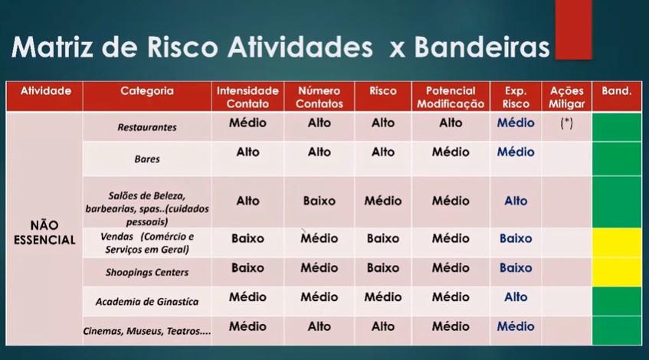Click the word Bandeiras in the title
pos(482,47)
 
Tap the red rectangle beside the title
pos(573,29)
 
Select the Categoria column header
pos(147,91)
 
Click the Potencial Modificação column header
pos(451,97)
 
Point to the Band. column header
pos(617,91)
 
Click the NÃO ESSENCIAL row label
pos(44,233)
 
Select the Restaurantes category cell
pos(147,127)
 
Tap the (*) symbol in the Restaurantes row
pos(566,123)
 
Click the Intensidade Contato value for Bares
pos(247,152)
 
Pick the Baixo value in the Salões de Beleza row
pos(319,201)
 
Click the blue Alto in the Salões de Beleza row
pos(516,201)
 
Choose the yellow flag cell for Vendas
pos(617,243)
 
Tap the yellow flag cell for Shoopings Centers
pos(617,272)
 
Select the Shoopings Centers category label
pos(147,272)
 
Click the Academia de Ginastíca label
pos(147,302)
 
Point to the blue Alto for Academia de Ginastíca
pos(516,296)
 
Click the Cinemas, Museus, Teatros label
pos(147,331)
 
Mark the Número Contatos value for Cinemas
pos(319,326)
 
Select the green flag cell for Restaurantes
pos(617,127)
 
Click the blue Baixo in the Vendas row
pos(516,238)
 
